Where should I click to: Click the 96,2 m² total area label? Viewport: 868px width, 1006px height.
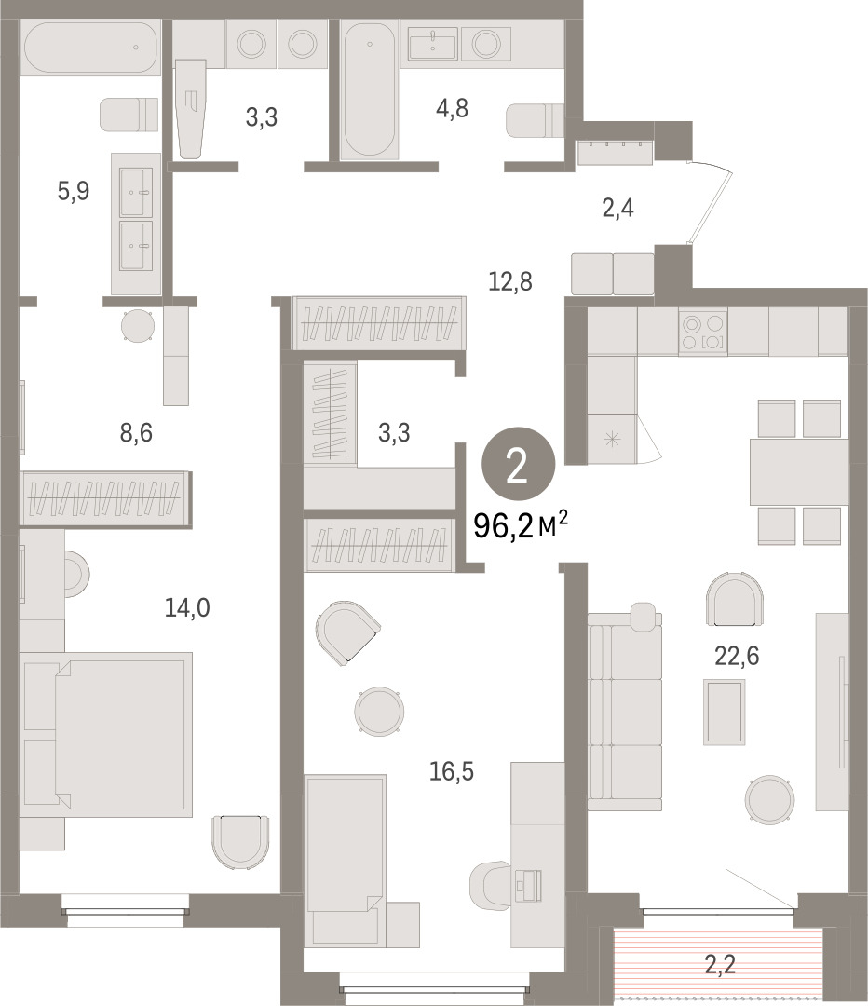[521, 526]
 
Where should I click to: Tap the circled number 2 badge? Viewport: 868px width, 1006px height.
[519, 464]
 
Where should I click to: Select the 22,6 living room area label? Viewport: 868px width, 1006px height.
[737, 656]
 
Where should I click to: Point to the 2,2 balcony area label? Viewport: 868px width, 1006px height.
[720, 964]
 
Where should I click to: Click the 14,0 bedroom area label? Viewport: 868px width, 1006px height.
[186, 607]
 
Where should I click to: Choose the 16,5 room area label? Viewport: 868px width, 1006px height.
[451, 771]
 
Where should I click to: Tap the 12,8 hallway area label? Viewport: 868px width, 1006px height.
[510, 281]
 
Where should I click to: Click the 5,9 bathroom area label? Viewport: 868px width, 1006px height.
[74, 191]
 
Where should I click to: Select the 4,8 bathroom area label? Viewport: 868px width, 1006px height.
[452, 108]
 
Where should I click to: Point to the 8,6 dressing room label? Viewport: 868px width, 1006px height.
[136, 433]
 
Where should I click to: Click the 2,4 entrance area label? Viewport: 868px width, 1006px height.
[617, 209]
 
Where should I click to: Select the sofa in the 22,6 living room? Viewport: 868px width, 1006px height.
[625, 711]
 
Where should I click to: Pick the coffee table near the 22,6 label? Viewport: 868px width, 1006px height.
[725, 713]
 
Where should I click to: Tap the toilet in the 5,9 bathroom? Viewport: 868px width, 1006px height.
[129, 115]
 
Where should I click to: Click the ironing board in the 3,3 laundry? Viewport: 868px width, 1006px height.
[191, 109]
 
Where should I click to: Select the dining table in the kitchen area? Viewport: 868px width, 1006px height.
[799, 471]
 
